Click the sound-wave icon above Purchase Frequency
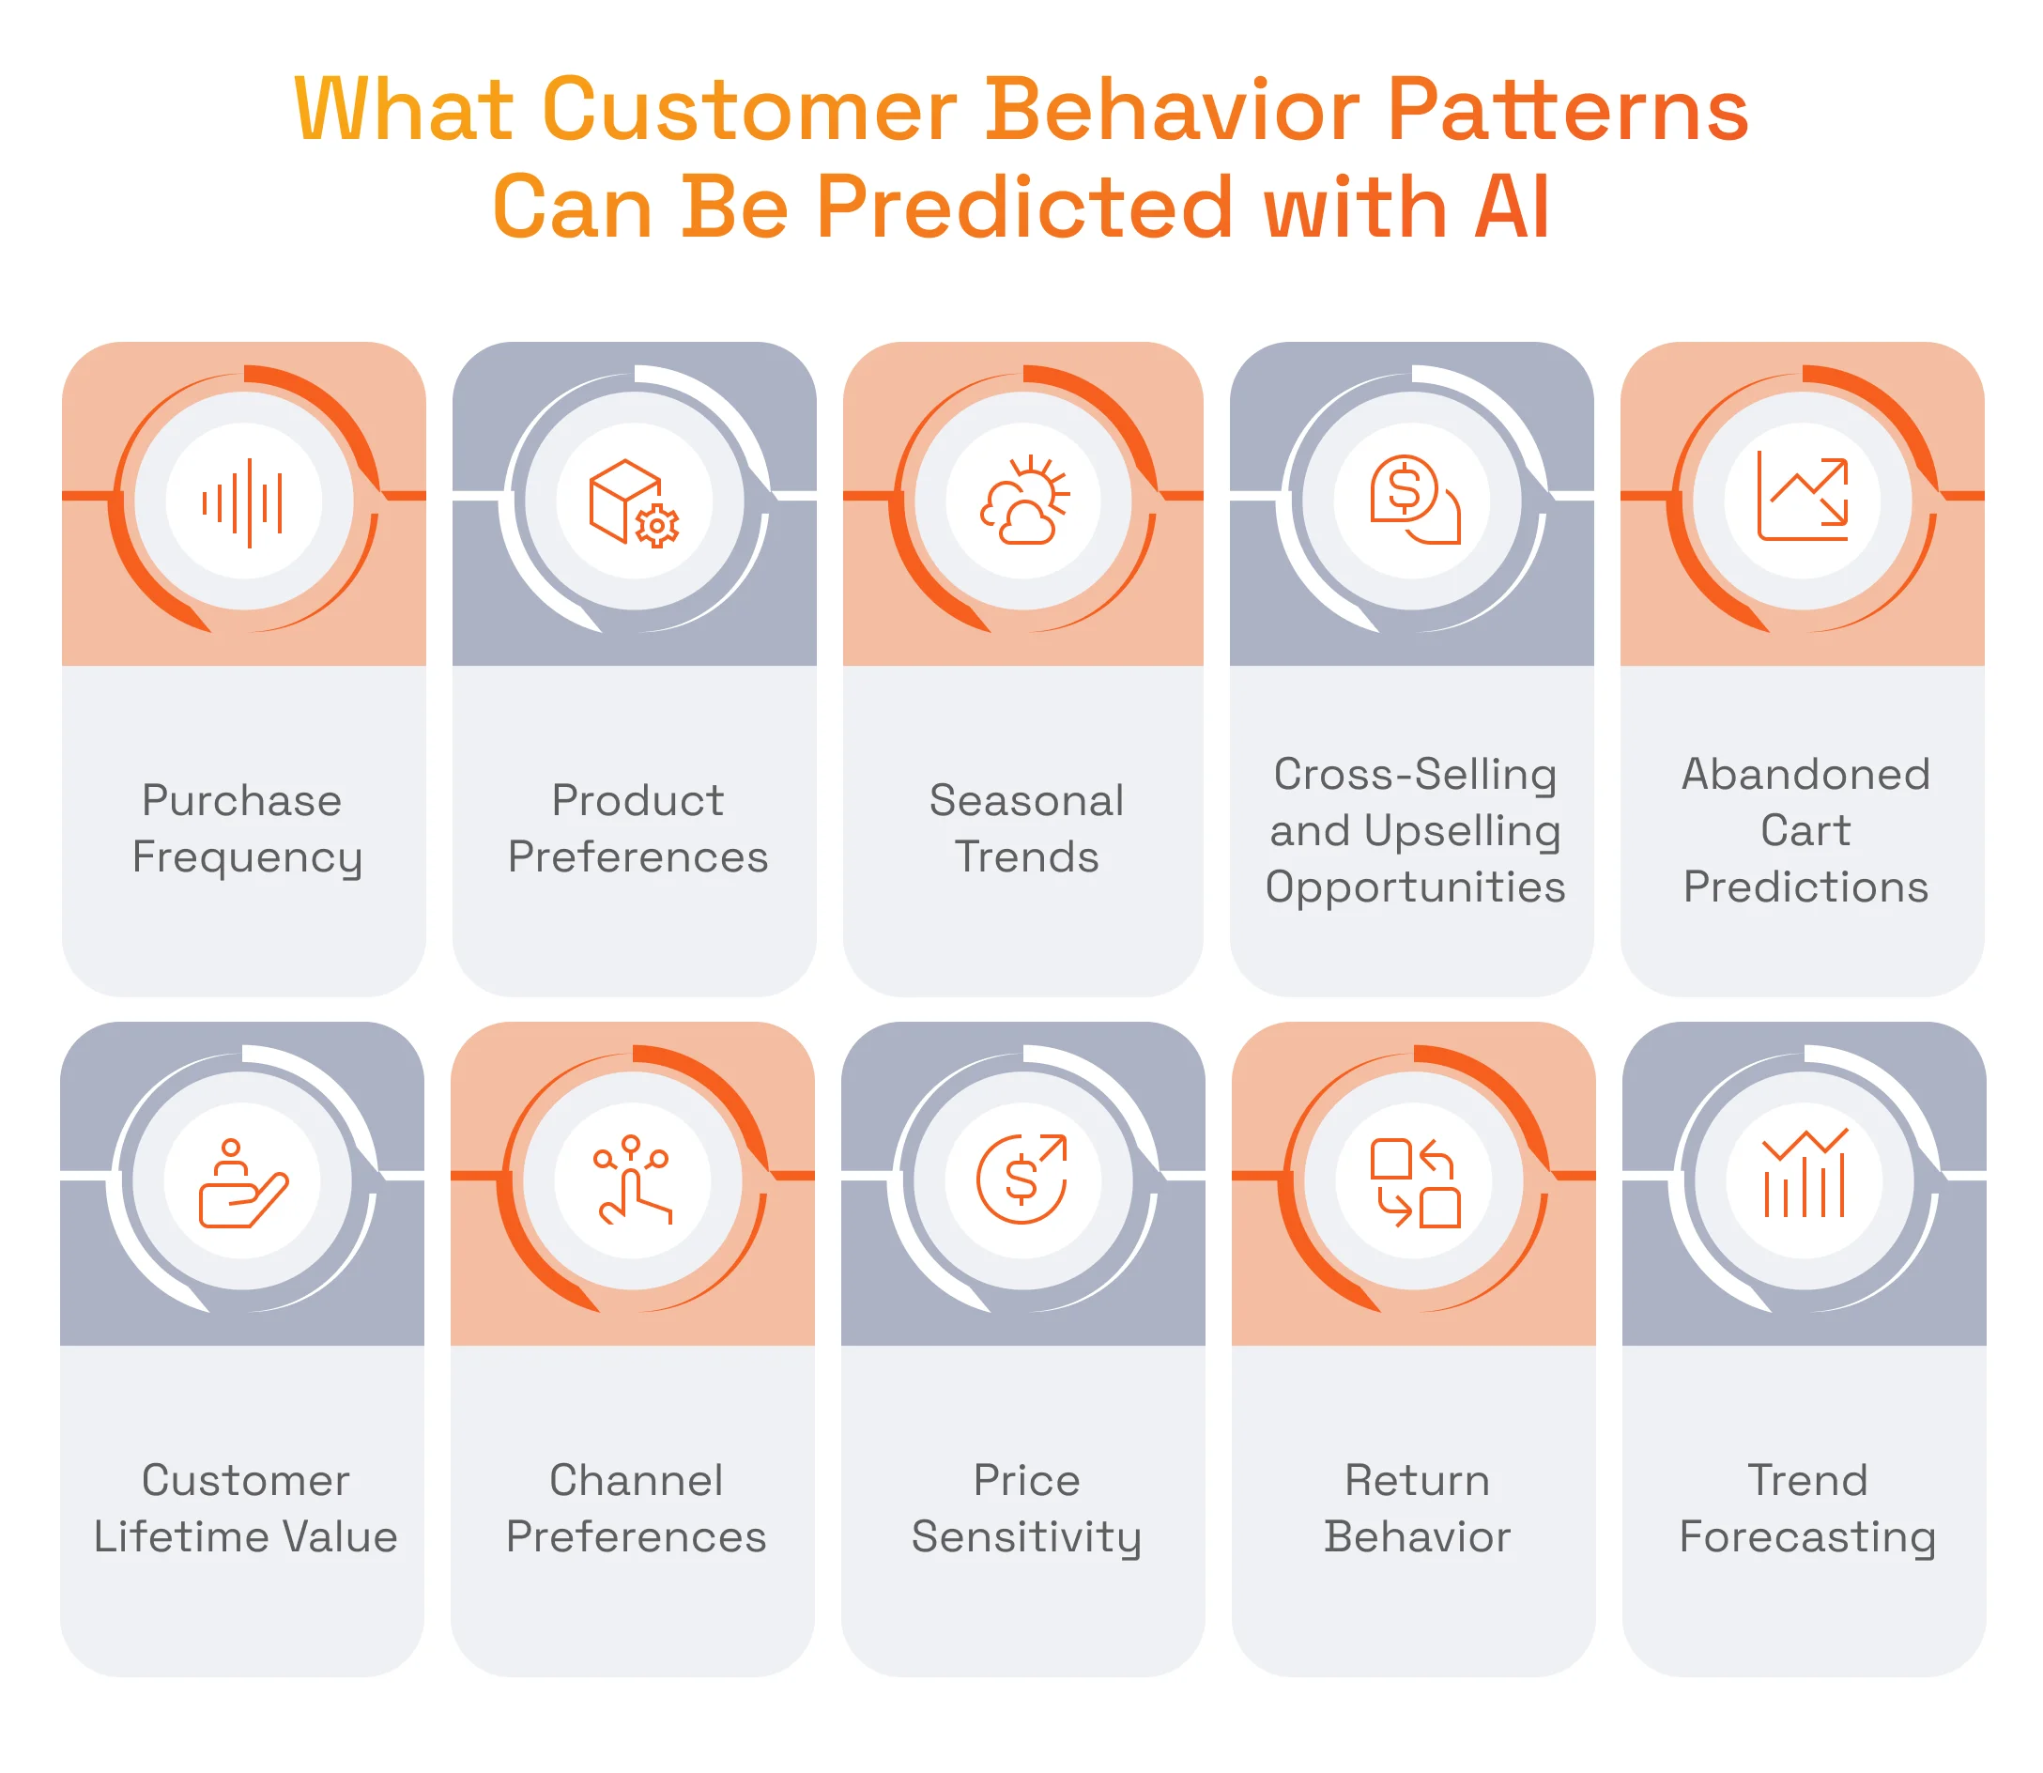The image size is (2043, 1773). [243, 501]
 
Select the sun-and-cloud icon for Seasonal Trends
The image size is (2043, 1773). [1024, 500]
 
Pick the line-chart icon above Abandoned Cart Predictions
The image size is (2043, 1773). [1803, 497]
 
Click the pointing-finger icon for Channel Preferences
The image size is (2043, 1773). [632, 1179]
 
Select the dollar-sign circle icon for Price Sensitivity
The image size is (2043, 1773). [1022, 1179]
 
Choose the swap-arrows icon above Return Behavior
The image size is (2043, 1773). [1415, 1182]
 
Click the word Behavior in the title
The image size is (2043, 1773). [1172, 111]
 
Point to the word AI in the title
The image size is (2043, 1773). [1511, 208]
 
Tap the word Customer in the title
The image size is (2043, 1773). [749, 111]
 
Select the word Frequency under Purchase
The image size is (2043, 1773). [247, 857]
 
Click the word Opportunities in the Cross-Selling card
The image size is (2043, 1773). [1415, 887]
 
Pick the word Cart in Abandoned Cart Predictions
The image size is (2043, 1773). [1805, 831]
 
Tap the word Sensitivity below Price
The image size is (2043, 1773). [1026, 1537]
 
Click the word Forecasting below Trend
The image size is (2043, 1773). [1806, 1537]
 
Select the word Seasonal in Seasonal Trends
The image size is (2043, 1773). [1026, 800]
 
